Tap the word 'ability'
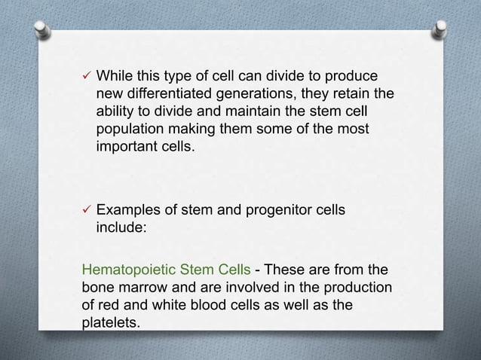116,111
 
